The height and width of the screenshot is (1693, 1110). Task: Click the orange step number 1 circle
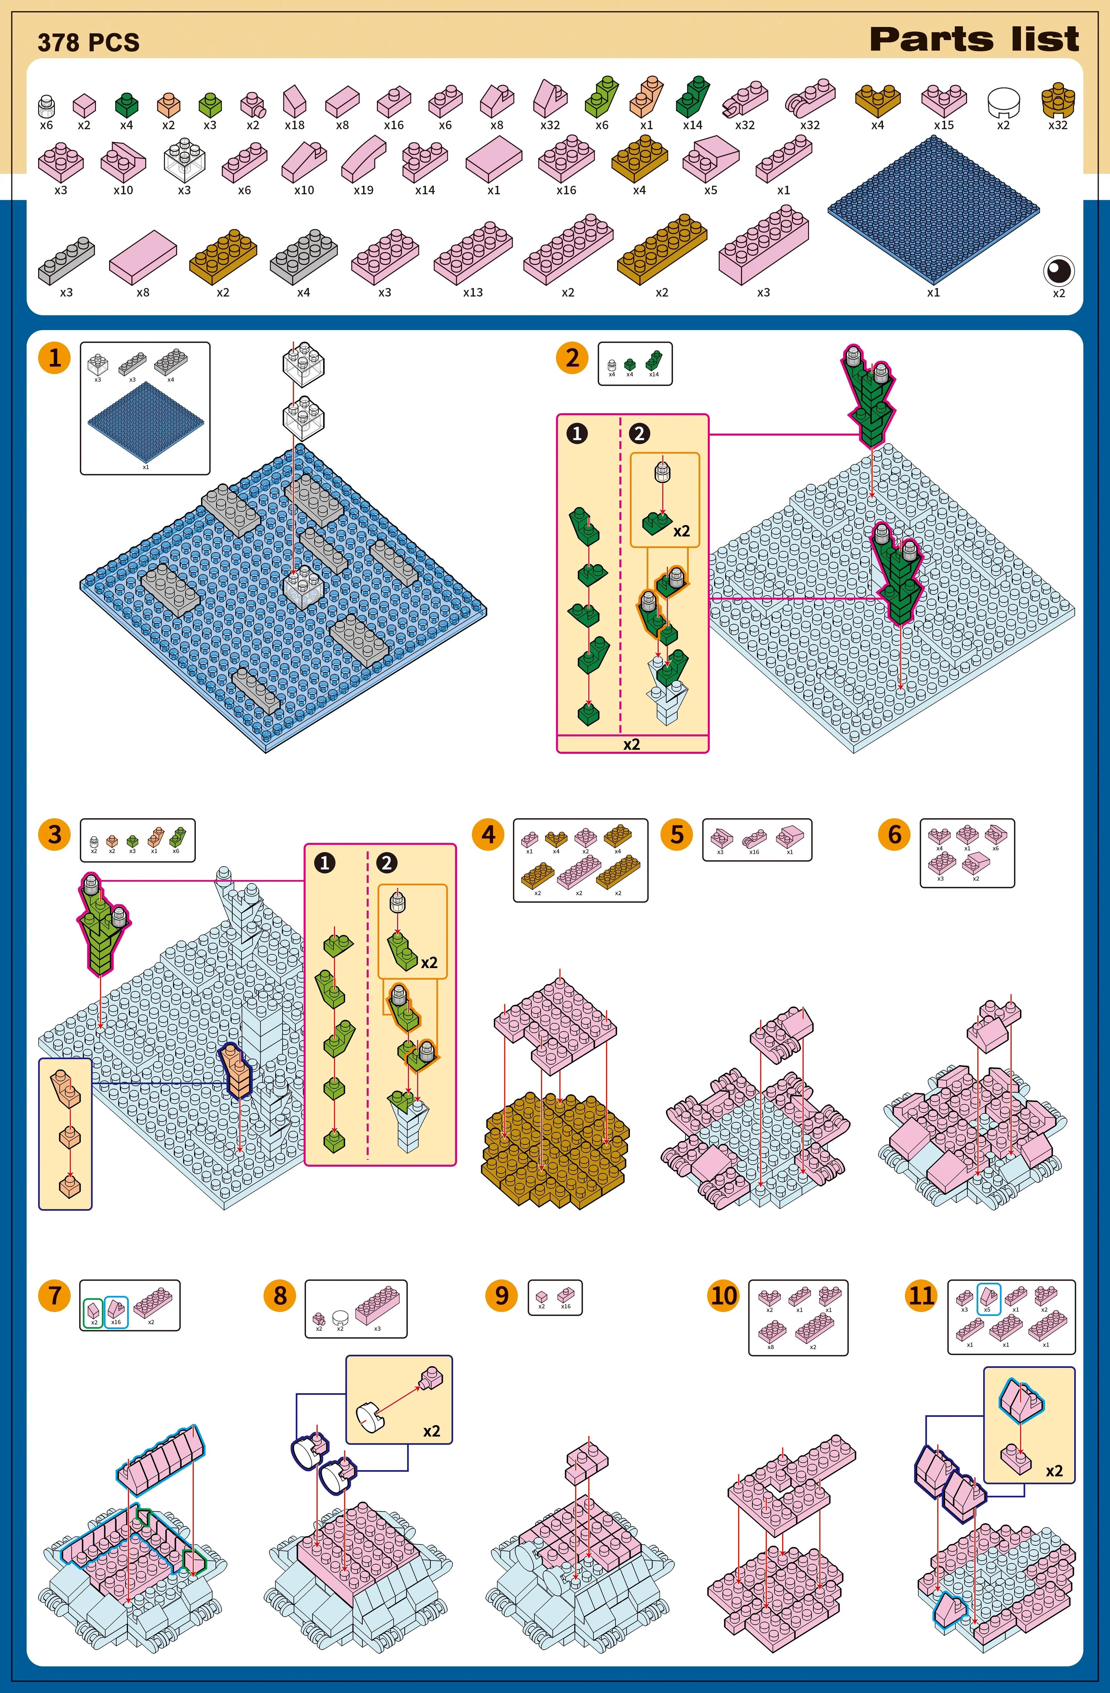click(55, 358)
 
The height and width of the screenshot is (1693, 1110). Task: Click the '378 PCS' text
click(89, 43)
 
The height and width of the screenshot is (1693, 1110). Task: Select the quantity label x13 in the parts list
click(473, 292)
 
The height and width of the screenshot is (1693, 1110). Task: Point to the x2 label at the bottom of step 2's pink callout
click(632, 744)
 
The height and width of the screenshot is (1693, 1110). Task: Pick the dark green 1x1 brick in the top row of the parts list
click(127, 105)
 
